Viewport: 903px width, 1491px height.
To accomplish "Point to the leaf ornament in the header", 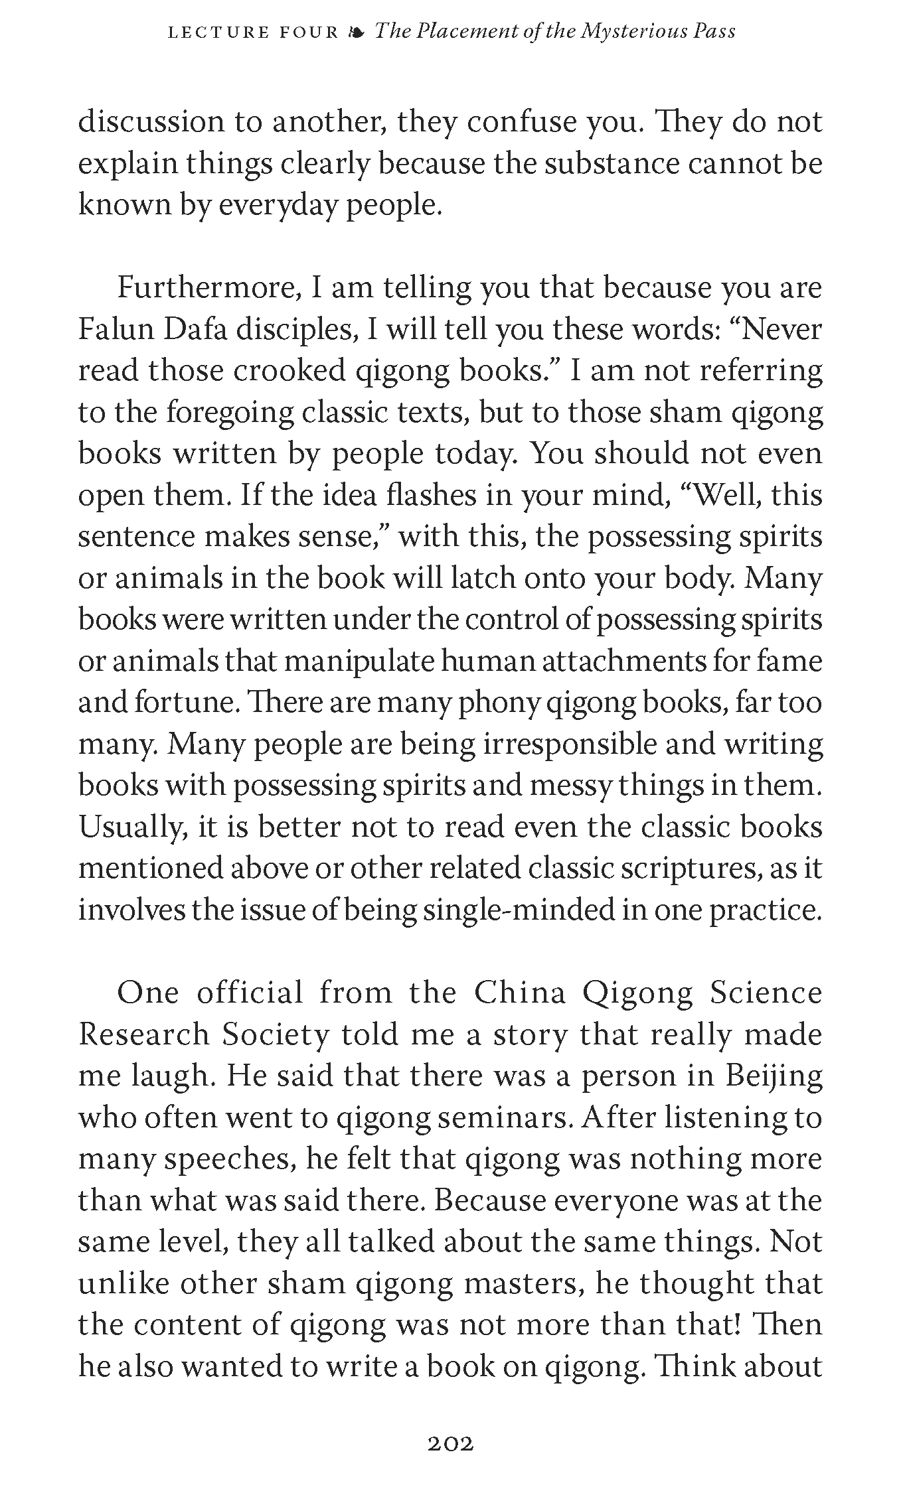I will click(x=357, y=32).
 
